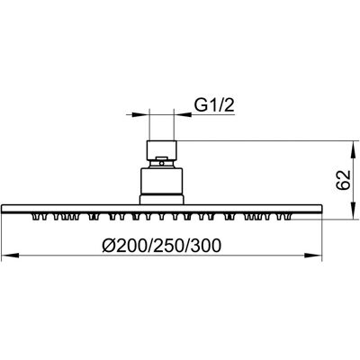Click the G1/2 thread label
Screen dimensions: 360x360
pos(214,105)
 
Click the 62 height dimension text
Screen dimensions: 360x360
pos(343,180)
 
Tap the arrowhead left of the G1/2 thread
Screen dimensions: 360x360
pos(140,114)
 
